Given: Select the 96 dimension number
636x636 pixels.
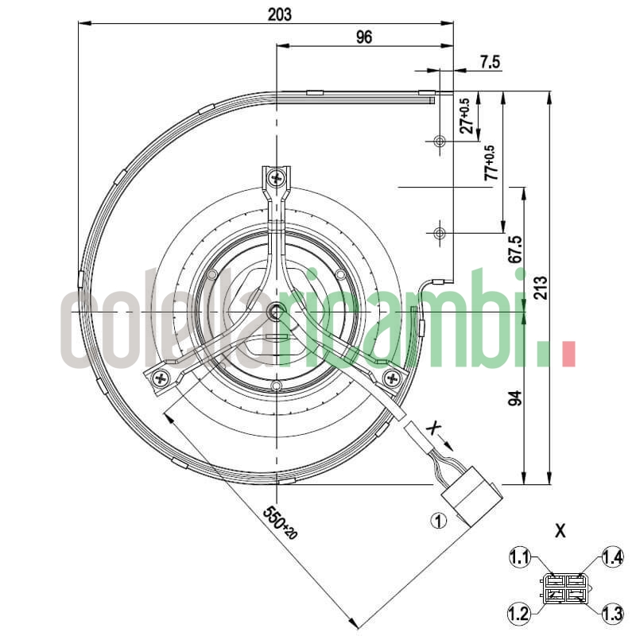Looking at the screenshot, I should coord(364,37).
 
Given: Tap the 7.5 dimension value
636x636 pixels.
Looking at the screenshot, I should coord(491,62).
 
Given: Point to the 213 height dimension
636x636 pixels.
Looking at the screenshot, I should coord(541,287).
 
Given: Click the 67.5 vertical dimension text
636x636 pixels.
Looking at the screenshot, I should coord(515,250).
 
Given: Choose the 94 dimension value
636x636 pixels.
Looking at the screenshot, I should coord(514,400).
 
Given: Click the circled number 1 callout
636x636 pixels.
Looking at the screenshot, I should coord(437,521).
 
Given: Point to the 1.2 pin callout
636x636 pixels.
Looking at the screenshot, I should coord(518,614).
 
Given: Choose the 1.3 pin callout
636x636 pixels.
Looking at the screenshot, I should coord(612,614).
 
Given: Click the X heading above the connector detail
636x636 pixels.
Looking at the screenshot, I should coord(560,530).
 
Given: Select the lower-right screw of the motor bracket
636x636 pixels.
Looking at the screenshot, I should coord(391,378).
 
